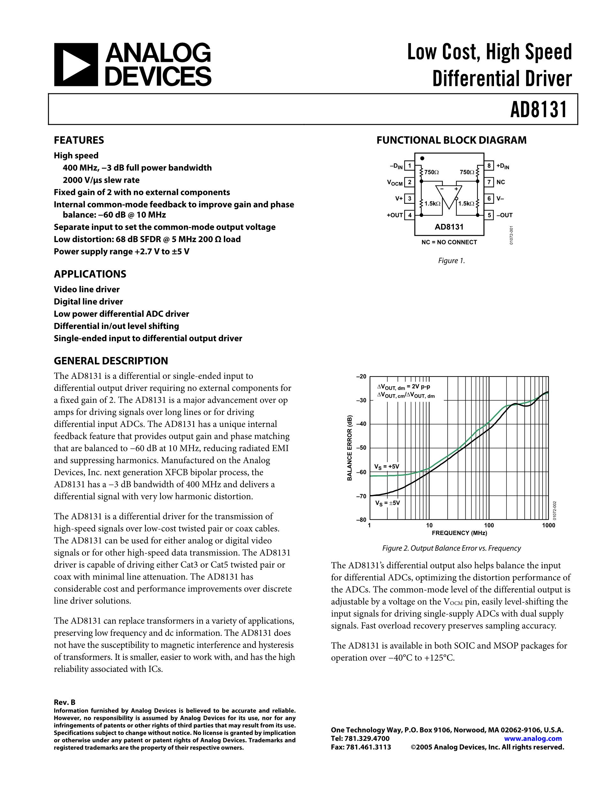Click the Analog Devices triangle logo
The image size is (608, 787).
coord(76,65)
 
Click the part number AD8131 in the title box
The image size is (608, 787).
coord(538,109)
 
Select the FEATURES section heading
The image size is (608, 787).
coord(79,140)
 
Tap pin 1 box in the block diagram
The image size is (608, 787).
coord(409,166)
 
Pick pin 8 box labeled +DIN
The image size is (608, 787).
coord(489,166)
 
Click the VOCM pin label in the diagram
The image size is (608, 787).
coord(395,183)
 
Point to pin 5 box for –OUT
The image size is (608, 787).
coord(489,215)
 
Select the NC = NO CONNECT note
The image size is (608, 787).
coord(449,242)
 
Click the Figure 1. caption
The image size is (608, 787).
coord(451,261)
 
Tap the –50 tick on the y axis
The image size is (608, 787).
coord(361,448)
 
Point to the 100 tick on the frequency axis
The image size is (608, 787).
coord(489,525)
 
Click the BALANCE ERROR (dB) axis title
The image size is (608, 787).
coord(349,448)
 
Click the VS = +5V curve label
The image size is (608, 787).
coord(387,467)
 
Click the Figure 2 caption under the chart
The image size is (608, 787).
coord(451,548)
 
